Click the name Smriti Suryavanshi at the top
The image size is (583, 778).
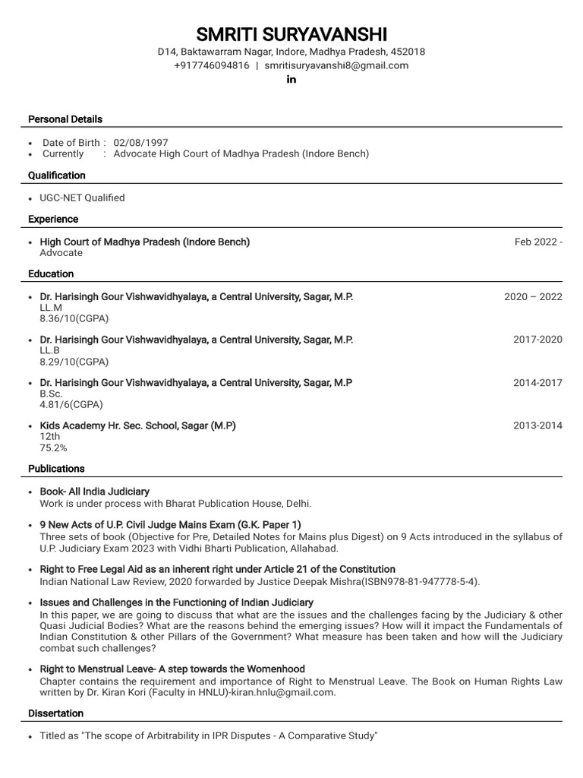click(291, 34)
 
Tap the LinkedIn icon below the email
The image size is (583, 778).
click(291, 80)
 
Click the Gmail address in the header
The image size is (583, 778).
click(336, 65)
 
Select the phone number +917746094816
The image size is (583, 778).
click(212, 65)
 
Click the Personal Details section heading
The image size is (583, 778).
click(65, 119)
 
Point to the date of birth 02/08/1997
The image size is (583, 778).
click(140, 142)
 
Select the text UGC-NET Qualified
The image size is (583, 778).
click(82, 198)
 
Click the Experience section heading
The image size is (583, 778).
click(53, 219)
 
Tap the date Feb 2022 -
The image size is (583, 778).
click(538, 242)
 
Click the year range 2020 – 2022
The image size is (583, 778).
click(533, 296)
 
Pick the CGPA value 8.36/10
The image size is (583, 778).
click(74, 319)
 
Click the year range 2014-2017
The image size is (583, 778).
click(537, 383)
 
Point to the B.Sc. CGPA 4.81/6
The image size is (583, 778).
click(71, 405)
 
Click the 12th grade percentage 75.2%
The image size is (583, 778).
click(53, 448)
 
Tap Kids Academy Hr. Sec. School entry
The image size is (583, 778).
click(137, 426)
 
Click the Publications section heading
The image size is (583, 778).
click(56, 469)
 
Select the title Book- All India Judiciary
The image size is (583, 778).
click(94, 492)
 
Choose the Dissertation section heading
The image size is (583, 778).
click(55, 713)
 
